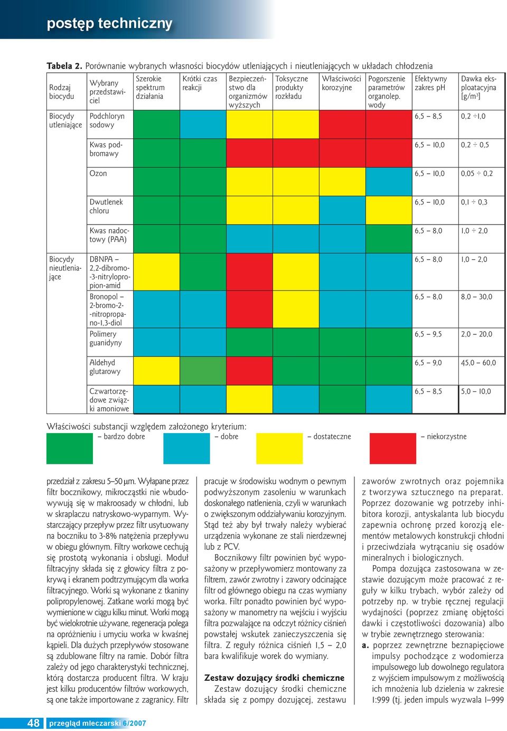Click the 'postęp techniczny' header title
(x=109, y=24)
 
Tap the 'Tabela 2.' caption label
(x=64, y=66)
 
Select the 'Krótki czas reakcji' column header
(x=199, y=83)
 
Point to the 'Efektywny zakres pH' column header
(x=430, y=83)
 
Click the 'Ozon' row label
(x=98, y=173)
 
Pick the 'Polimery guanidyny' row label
(x=106, y=338)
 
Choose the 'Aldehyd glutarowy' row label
(x=105, y=367)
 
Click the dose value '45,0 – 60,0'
(x=478, y=362)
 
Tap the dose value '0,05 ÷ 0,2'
(x=476, y=173)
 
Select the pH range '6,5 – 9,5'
(x=428, y=334)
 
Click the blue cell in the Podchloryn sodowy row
(x=202, y=124)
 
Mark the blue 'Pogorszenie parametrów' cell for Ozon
(x=388, y=181)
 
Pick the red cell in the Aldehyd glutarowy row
(x=249, y=370)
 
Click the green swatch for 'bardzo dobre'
(x=70, y=448)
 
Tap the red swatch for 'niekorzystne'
(x=392, y=448)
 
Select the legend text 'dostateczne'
(x=332, y=436)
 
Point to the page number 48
(x=33, y=723)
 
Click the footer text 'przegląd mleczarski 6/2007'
(x=97, y=724)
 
